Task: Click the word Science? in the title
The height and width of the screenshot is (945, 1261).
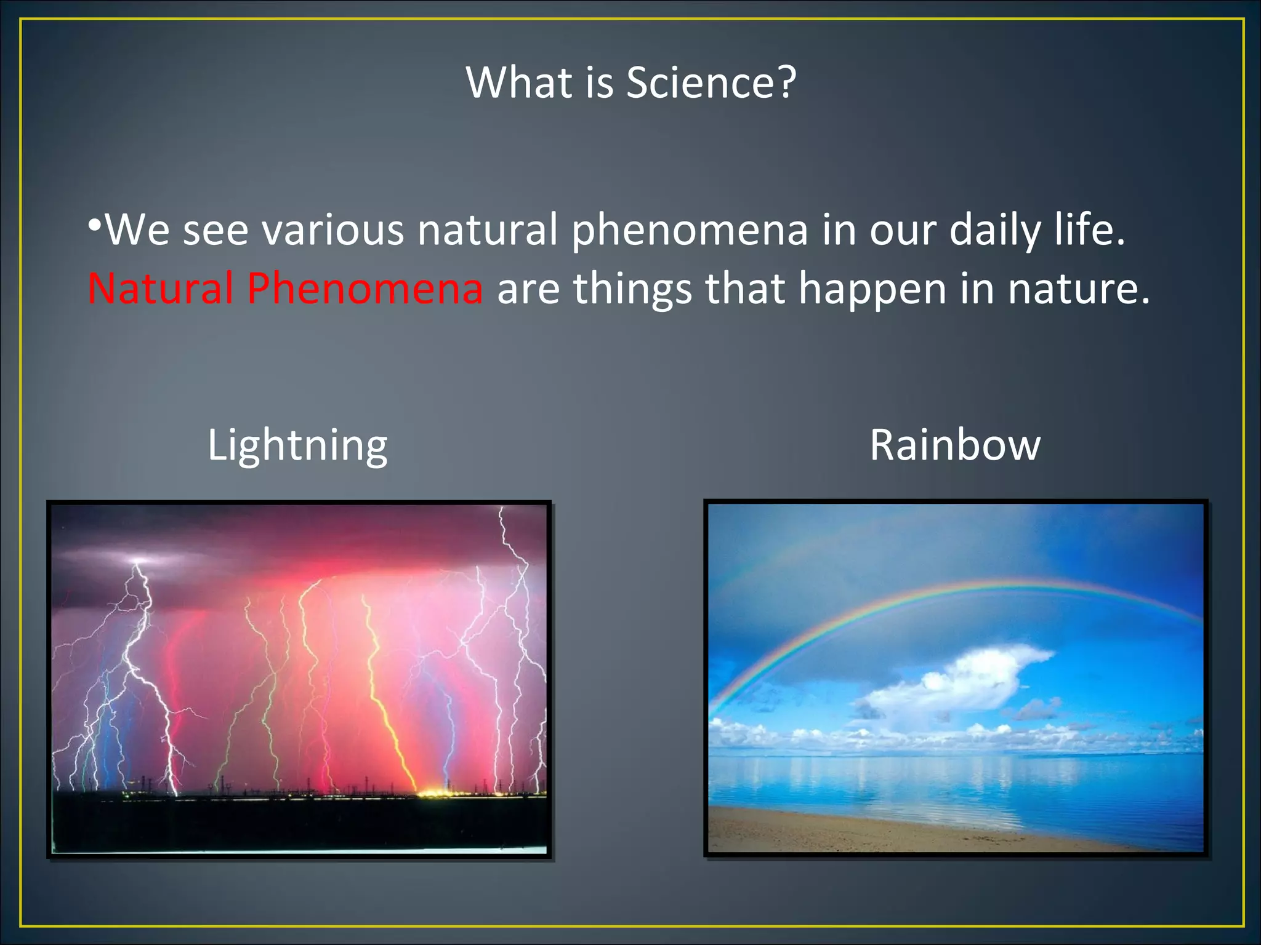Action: [711, 82]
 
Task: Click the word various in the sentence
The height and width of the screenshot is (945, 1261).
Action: [332, 230]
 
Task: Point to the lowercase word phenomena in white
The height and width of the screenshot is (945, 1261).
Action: [690, 230]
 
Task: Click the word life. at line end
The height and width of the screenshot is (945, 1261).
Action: [1090, 229]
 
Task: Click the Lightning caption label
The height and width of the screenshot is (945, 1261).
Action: [297, 445]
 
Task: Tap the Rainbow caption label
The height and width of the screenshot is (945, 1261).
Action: [955, 445]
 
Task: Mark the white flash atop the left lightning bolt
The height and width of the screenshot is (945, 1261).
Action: [139, 560]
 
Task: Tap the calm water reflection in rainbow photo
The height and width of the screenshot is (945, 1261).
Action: [954, 781]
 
